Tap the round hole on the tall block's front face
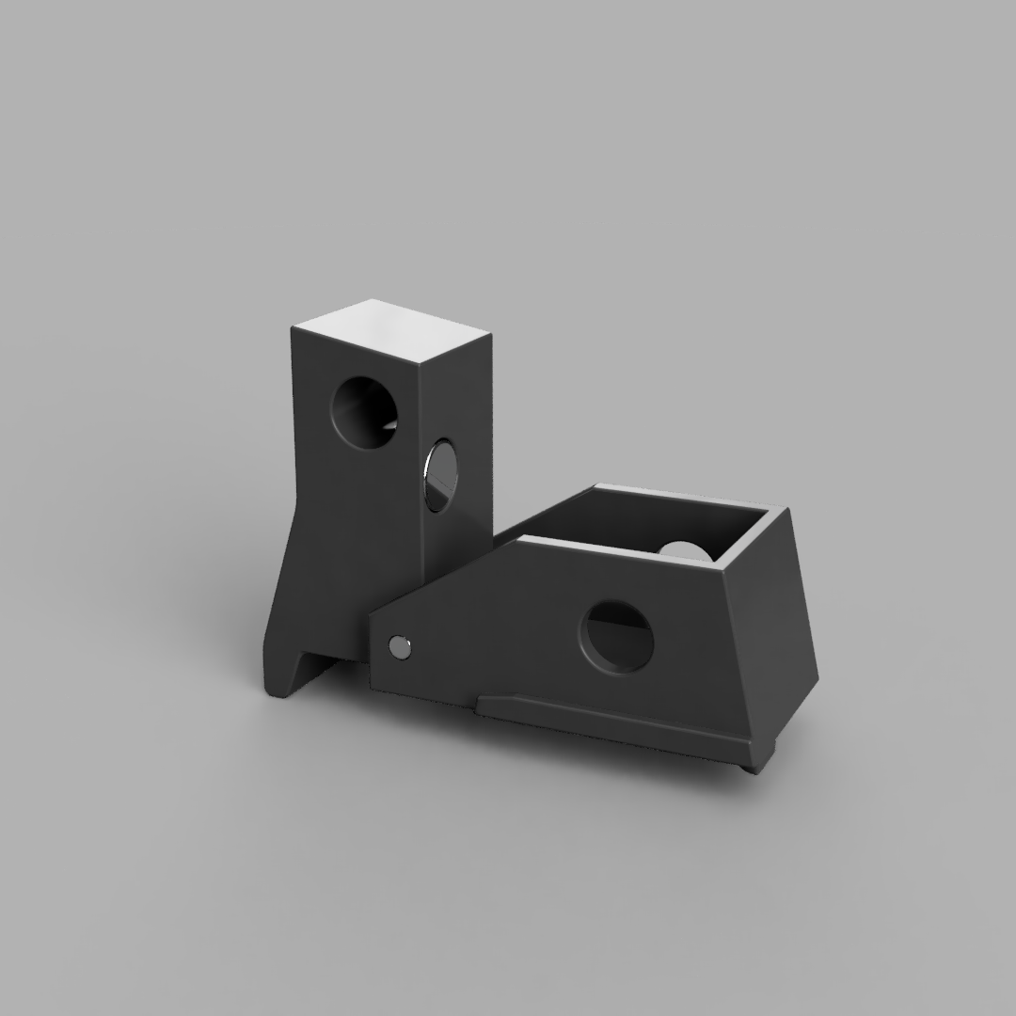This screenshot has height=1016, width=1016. pos(365,411)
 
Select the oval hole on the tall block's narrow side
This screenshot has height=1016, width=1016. pos(440,474)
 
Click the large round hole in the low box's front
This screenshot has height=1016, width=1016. pos(618,636)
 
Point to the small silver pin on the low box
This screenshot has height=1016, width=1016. pos(399,646)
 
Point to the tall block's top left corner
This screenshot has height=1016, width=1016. pos(293,325)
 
